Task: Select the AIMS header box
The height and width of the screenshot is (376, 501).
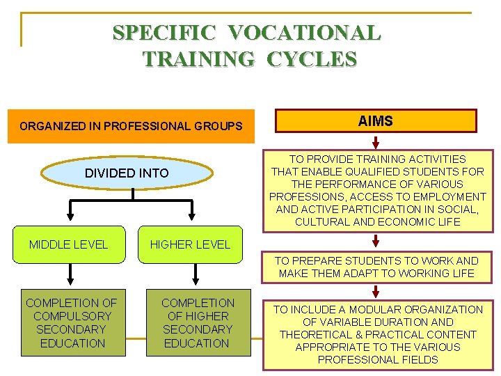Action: (376, 121)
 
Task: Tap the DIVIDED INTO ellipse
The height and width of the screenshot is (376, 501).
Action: (127, 173)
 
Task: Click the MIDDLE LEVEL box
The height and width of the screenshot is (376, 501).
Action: (68, 244)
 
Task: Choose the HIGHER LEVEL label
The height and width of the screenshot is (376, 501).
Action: (190, 244)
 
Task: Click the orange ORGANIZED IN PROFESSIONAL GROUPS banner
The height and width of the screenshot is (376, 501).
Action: (132, 126)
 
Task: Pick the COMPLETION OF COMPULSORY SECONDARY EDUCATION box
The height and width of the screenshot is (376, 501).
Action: (72, 323)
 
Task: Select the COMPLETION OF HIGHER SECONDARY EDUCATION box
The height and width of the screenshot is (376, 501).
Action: (198, 323)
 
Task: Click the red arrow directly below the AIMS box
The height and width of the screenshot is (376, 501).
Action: (376, 141)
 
